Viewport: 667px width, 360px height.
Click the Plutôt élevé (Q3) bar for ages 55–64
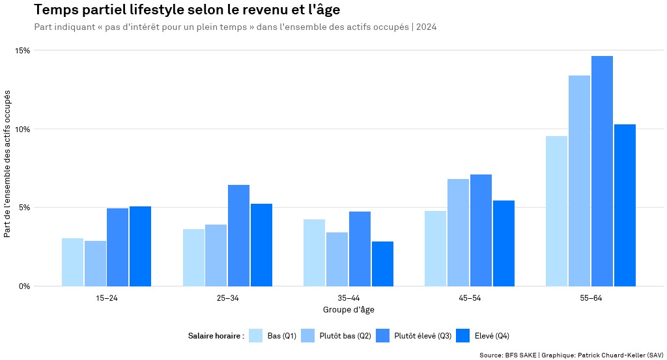click(x=602, y=171)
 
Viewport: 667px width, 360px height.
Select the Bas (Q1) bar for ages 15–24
click(x=72, y=262)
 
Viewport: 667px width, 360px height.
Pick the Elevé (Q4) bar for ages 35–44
click(x=382, y=264)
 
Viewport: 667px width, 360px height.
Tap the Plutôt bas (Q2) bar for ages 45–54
click(x=458, y=232)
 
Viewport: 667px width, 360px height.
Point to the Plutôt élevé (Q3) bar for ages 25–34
click(x=238, y=235)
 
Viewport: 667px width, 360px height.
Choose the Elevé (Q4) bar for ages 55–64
click(x=625, y=205)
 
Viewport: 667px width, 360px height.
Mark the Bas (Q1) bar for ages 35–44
click(x=314, y=253)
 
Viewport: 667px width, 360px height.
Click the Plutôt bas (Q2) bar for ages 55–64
click(x=579, y=180)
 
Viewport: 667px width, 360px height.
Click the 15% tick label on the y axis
click(x=23, y=50)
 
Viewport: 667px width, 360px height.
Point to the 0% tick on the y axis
click(x=24, y=286)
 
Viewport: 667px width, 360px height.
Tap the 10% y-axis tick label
click(x=23, y=129)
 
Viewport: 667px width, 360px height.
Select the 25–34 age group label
click(x=227, y=298)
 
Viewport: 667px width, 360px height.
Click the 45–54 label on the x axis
click(x=469, y=298)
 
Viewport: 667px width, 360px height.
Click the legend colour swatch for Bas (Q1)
click(x=256, y=336)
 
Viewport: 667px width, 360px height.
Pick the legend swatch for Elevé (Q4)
click(x=462, y=336)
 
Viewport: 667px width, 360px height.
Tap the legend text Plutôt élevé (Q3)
click(x=423, y=336)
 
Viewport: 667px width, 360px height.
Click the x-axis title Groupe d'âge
click(x=348, y=309)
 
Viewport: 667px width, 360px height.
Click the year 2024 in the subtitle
click(x=426, y=27)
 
